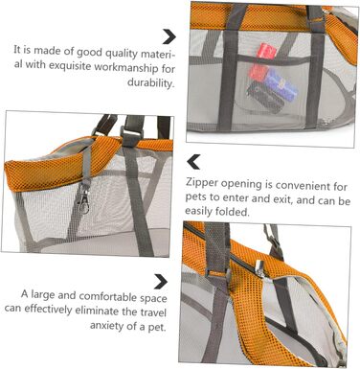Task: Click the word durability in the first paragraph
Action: (151, 82)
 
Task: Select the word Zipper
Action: (202, 183)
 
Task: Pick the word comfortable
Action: (108, 296)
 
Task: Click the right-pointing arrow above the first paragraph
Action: (169, 36)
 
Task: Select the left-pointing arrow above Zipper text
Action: (193, 162)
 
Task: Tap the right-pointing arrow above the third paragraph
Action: (161, 282)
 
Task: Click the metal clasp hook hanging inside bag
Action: (83, 201)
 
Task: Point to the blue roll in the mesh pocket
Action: (281, 84)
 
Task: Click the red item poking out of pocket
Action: (265, 51)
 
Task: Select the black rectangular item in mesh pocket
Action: (265, 96)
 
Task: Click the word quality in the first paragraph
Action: (121, 53)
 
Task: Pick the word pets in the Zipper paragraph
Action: (195, 196)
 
